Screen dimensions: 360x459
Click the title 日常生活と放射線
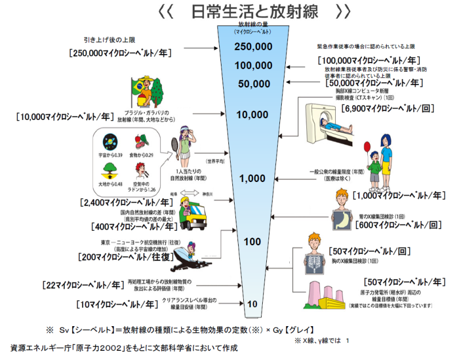coord(253,11)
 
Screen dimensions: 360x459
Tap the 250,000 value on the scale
coord(254,47)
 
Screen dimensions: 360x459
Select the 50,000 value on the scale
coord(254,84)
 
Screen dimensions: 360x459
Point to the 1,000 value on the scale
coord(252,178)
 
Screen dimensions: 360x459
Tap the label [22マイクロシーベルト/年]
coord(83,284)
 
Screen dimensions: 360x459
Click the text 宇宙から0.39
coord(109,156)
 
